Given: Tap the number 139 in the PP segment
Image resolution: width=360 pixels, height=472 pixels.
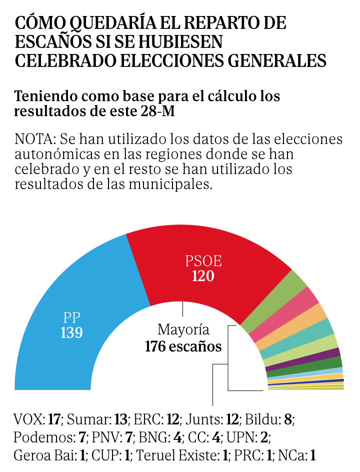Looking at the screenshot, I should pyautogui.click(x=71, y=332).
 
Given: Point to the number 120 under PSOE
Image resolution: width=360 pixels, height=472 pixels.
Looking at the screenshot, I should pyautogui.click(x=203, y=276).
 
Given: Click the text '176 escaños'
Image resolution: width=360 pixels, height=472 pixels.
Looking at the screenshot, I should pyautogui.click(x=183, y=346).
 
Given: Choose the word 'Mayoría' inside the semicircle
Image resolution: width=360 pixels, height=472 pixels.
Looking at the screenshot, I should pyautogui.click(x=183, y=330).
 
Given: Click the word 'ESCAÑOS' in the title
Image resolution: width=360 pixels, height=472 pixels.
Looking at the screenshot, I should pyautogui.click(x=53, y=42).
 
